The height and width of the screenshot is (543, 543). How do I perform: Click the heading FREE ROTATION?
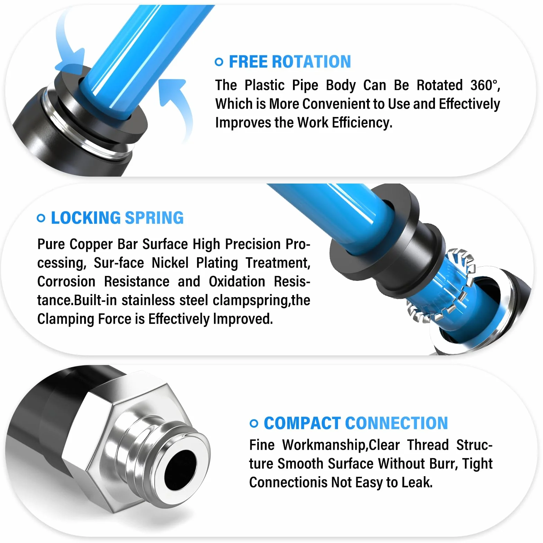pos(290,62)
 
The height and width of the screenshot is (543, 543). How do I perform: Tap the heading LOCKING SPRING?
pos(117,218)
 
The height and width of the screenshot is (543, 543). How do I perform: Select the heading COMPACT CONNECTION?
pos(356,423)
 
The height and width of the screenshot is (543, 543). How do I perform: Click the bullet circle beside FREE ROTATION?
pos(219,62)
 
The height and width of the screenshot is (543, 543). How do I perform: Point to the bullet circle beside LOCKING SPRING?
pos(41,218)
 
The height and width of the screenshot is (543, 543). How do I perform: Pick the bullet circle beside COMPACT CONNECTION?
pos(254,424)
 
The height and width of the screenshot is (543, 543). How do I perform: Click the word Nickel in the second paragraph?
pos(170,263)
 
